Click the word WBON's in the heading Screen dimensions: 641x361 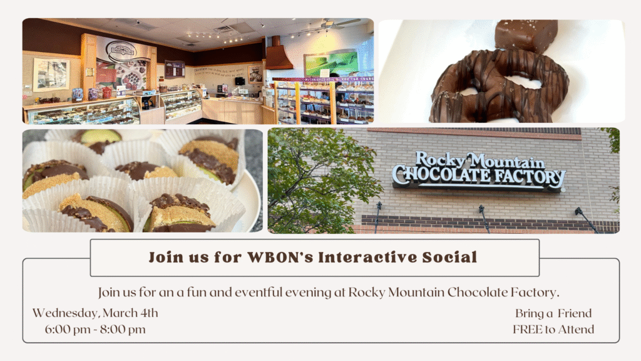(x=279, y=257)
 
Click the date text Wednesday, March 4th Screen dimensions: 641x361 (x=95, y=313)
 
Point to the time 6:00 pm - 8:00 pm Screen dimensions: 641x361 (x=95, y=330)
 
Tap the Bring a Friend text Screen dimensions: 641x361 (x=553, y=313)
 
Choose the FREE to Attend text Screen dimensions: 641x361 (x=553, y=330)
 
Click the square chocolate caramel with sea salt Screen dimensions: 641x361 (x=526, y=35)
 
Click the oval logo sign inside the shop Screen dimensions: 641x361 (x=120, y=51)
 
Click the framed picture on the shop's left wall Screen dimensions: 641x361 (x=51, y=75)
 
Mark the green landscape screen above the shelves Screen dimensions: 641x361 (x=331, y=64)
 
